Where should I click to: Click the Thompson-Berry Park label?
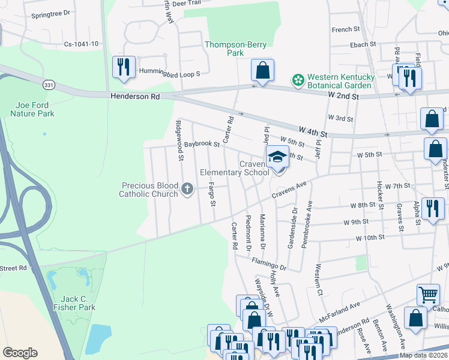(224, 49)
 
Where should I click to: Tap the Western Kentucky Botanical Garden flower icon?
(297, 79)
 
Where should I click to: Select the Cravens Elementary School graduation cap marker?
(277, 157)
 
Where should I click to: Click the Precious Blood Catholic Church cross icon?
(187, 190)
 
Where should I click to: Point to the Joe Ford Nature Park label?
(33, 109)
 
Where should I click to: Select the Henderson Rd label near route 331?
(135, 97)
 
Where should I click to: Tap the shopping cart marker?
(427, 294)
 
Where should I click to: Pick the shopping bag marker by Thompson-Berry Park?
(262, 70)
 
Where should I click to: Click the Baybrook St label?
(202, 144)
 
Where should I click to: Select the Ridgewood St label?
(179, 141)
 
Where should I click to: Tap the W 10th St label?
(370, 238)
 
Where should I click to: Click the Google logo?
(20, 352)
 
